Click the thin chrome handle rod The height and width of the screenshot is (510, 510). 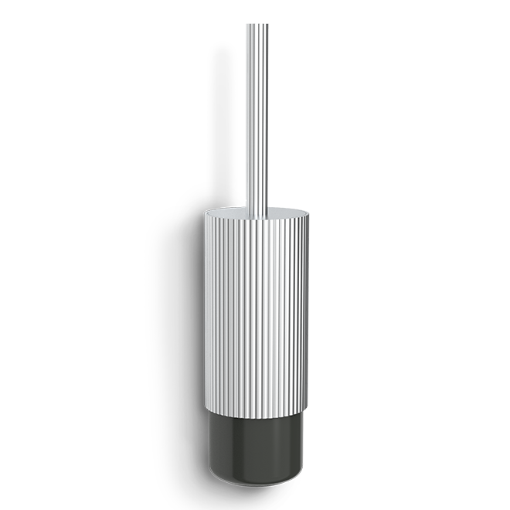point(257,116)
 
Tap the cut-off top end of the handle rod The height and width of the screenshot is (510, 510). point(257,26)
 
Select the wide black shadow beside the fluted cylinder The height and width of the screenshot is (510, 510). point(174,325)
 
